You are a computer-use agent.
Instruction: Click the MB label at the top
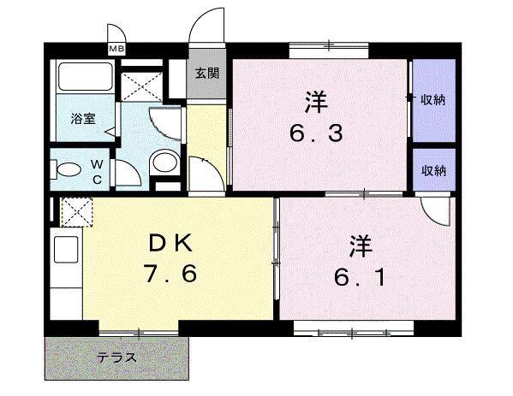tap(116, 49)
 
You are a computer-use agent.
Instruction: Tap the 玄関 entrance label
tap(206, 74)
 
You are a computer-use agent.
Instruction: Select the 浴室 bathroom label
tap(81, 121)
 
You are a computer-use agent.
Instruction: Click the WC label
tap(97, 170)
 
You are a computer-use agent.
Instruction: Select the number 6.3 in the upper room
tap(311, 134)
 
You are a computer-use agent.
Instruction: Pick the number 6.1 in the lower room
tap(358, 278)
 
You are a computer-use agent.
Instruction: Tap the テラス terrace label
tap(116, 357)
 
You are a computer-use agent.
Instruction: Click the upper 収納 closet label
tap(432, 100)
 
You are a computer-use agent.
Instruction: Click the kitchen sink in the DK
tap(66, 251)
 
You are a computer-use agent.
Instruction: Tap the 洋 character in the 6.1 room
tap(358, 246)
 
